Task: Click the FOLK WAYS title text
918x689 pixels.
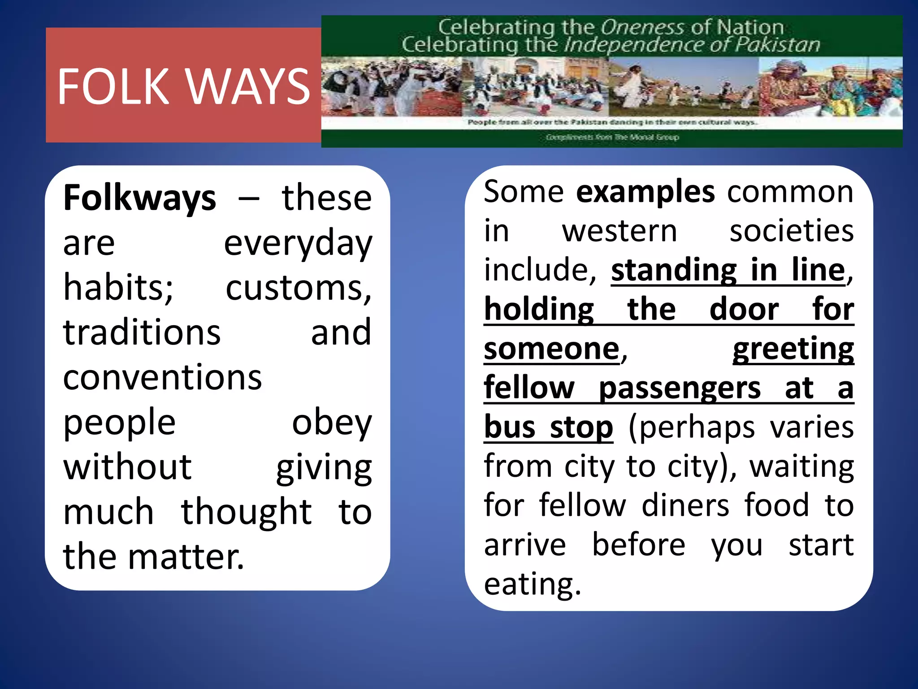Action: [184, 86]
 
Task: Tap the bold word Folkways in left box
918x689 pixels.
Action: [140, 198]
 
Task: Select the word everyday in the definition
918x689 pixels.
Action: [298, 243]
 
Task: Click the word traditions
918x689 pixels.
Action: [142, 332]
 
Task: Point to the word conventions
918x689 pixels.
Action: [162, 377]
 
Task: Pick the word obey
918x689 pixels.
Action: [332, 422]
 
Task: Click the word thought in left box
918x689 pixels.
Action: [246, 512]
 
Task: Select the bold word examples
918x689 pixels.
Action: [645, 192]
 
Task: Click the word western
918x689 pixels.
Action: [619, 231]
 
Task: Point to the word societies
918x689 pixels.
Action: [792, 231]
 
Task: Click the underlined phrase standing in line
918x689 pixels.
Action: [728, 270]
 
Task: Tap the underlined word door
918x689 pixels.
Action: [744, 310]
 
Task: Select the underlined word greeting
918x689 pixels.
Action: [793, 349]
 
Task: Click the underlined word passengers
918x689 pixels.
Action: [680, 388]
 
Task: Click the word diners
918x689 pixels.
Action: [685, 506]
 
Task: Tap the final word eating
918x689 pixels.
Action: [532, 584]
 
